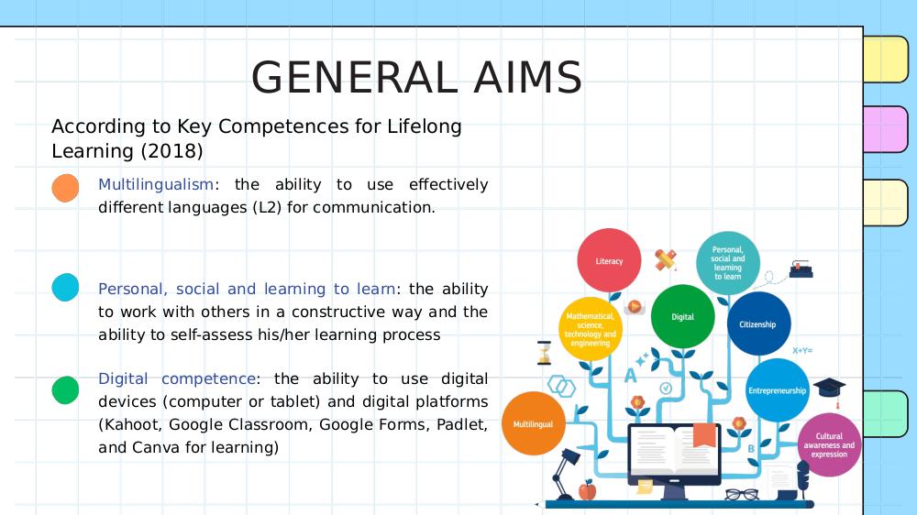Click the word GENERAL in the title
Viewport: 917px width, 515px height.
point(354,78)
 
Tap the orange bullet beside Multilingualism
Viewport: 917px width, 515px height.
point(65,188)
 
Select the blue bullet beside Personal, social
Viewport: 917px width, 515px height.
point(65,288)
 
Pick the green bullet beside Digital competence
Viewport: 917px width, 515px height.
point(65,389)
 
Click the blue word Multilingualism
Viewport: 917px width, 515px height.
point(156,185)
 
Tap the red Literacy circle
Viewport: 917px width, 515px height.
point(609,260)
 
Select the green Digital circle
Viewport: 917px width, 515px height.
point(682,316)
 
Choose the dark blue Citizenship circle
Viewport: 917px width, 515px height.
point(758,323)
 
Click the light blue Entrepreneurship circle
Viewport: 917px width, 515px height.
point(778,389)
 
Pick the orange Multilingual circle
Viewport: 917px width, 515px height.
point(534,423)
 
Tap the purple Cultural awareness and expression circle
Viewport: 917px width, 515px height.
point(829,444)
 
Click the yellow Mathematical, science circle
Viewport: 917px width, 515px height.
point(590,329)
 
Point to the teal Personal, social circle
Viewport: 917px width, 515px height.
point(728,263)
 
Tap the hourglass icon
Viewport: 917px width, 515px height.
point(545,353)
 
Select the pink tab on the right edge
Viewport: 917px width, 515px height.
point(886,129)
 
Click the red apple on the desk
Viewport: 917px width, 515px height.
point(587,490)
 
